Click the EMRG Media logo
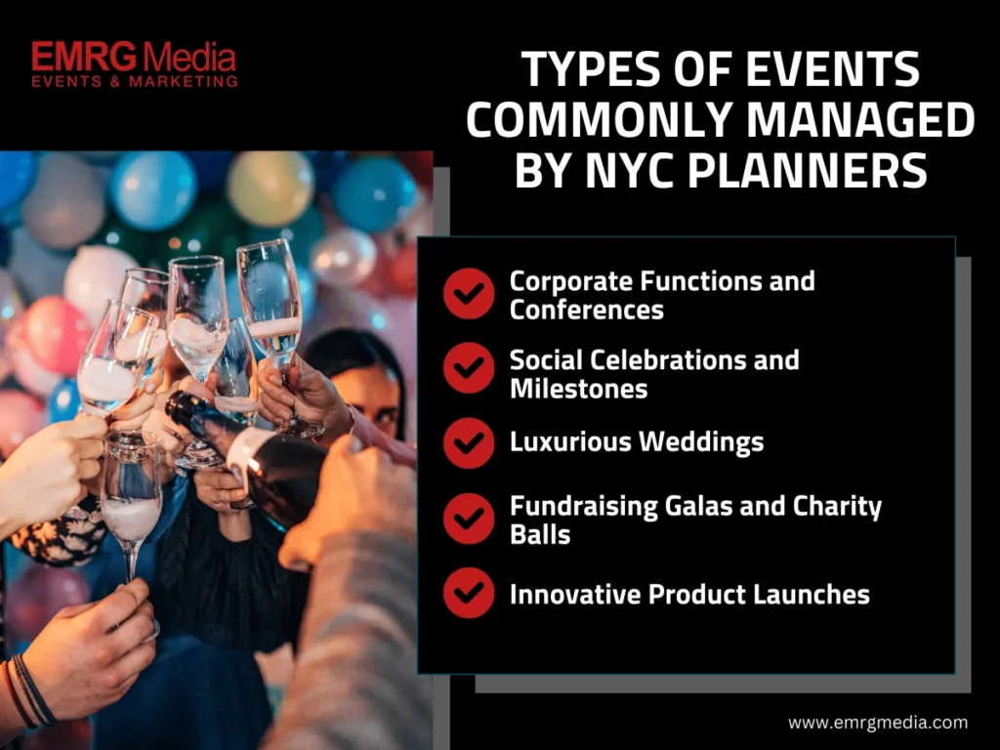coord(135,63)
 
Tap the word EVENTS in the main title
coord(833,69)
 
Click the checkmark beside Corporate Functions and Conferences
coord(469,293)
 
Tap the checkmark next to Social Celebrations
coord(469,368)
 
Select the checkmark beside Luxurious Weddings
coord(469,443)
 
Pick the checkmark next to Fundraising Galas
coord(469,519)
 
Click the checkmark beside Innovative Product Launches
coord(469,593)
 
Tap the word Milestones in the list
coord(578,389)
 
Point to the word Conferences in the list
coord(586,310)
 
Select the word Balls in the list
coord(539,534)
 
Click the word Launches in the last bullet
coord(811,595)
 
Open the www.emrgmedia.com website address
coord(878,723)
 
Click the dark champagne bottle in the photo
coord(249,456)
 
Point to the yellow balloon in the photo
coord(270,188)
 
